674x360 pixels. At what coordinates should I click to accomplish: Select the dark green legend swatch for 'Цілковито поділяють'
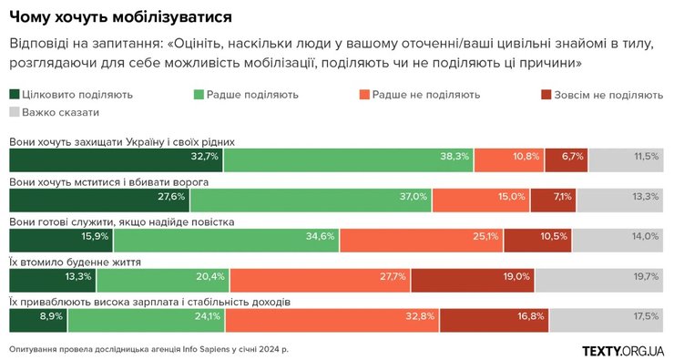[x=15, y=95]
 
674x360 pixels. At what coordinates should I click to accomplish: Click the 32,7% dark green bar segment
[x=116, y=159]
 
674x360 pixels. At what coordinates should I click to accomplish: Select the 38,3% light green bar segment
[x=348, y=159]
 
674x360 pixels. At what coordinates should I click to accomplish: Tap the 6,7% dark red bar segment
[x=566, y=159]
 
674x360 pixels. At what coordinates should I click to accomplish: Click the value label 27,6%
[x=171, y=197]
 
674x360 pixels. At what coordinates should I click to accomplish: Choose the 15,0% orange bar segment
[x=480, y=199]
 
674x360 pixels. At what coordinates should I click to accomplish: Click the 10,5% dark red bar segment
[x=537, y=239]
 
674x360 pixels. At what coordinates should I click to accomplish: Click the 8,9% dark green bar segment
[x=38, y=319]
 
